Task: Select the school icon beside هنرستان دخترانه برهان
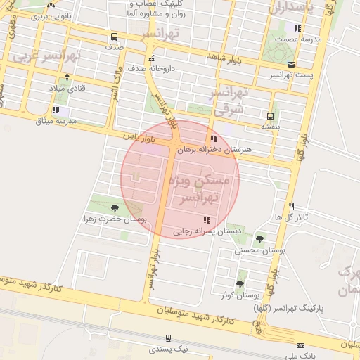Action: point(214,139)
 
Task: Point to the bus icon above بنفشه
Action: point(270,115)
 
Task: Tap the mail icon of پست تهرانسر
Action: point(271,64)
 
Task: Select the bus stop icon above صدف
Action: point(114,37)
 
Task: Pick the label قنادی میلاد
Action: point(67,89)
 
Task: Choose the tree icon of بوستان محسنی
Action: point(260,239)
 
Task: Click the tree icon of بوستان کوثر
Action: point(240,285)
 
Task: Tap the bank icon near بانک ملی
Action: point(301,346)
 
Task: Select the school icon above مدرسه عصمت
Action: point(298,29)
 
